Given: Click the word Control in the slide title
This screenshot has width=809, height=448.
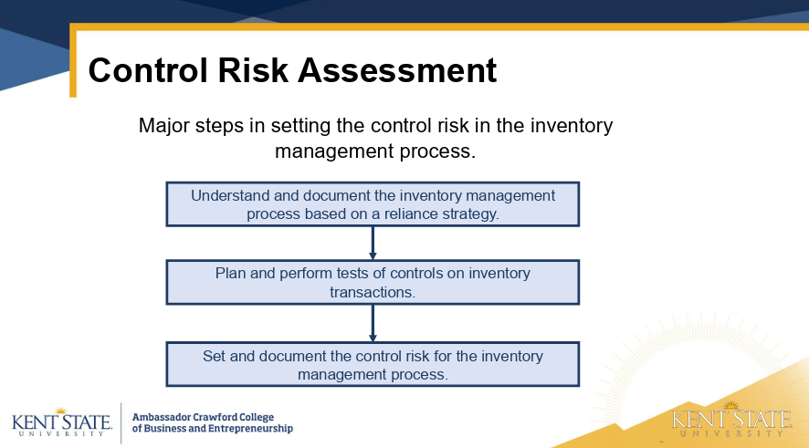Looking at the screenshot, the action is (148, 70).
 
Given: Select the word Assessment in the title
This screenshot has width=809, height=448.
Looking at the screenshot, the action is (397, 70).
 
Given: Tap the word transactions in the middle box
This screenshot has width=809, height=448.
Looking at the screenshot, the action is (373, 292).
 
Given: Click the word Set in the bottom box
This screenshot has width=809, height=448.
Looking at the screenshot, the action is (214, 356).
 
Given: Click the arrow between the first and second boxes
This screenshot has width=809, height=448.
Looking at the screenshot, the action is (373, 243).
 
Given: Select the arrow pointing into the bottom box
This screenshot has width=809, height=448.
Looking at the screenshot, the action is (373, 323).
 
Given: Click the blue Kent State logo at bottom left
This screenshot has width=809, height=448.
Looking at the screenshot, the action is (61, 422).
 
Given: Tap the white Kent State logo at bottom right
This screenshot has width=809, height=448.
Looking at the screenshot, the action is (731, 419).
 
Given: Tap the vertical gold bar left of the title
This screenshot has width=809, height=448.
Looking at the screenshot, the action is (73, 60).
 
